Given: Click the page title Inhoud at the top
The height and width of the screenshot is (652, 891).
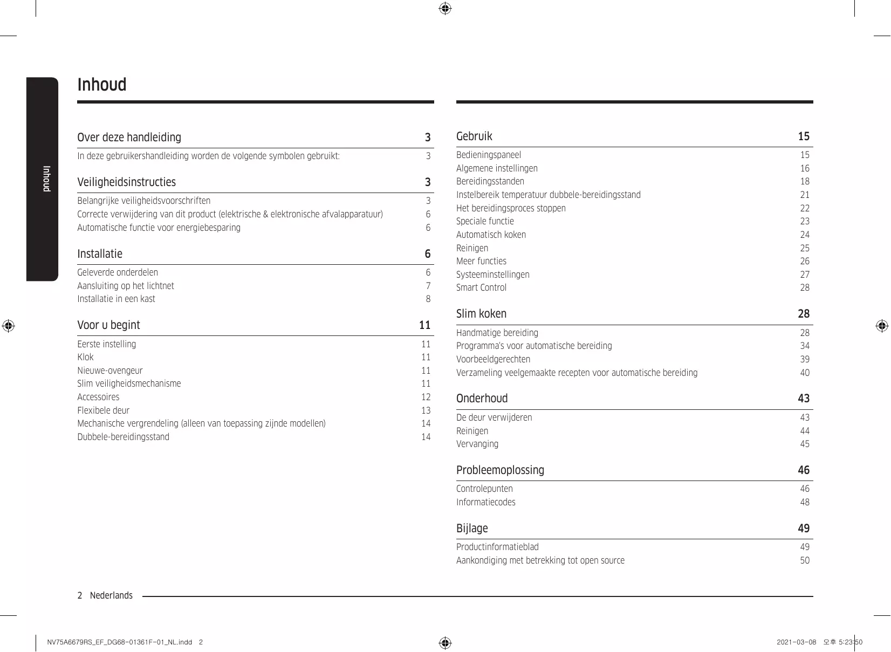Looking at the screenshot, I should pyautogui.click(x=102, y=85).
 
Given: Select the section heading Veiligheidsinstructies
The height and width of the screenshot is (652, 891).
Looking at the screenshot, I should pyautogui.click(x=126, y=182).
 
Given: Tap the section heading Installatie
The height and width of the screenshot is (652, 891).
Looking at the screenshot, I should pyautogui.click(x=100, y=254).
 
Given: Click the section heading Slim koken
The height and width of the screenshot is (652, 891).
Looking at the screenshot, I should pyautogui.click(x=481, y=314).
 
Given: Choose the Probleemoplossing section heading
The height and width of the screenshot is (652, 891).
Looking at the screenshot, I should pyautogui.click(x=500, y=470).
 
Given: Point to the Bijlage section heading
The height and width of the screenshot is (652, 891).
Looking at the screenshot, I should pyautogui.click(x=472, y=529).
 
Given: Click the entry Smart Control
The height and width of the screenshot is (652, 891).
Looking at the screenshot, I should pyautogui.click(x=481, y=288).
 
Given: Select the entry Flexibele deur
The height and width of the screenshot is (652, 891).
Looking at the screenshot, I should pyautogui.click(x=103, y=410).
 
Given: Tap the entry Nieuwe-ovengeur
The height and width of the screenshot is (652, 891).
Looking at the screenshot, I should pyautogui.click(x=110, y=370).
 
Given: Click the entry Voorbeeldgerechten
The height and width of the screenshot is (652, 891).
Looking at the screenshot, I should pyautogui.click(x=493, y=360).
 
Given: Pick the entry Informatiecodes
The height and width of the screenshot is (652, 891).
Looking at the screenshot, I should pyautogui.click(x=485, y=503).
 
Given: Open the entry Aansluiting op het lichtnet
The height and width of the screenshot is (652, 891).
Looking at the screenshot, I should pyautogui.click(x=126, y=286).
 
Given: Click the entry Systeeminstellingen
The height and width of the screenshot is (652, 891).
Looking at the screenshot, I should pyautogui.click(x=492, y=274).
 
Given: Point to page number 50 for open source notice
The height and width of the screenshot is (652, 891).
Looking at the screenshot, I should pyautogui.click(x=805, y=561).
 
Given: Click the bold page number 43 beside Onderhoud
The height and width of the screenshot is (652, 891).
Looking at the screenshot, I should pyautogui.click(x=804, y=399).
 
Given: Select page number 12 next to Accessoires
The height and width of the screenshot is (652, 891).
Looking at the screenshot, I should pyautogui.click(x=426, y=397).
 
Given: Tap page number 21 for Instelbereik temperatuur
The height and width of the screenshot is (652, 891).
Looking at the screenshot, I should pyautogui.click(x=805, y=195).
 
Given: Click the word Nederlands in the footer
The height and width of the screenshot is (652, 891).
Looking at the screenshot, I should pyautogui.click(x=111, y=595).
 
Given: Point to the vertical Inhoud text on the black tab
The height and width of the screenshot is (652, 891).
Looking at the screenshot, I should pyautogui.click(x=46, y=179).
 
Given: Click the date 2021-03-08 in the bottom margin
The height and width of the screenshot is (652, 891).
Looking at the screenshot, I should pyautogui.click(x=796, y=642).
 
